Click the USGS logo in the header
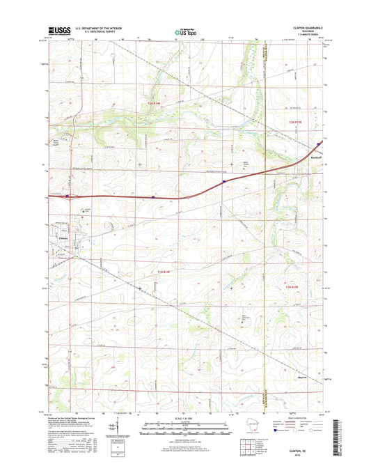coord(54,30)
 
